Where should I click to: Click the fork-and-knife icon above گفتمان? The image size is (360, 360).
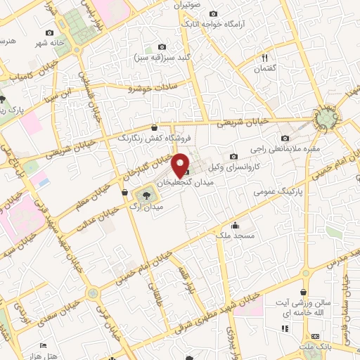pos(265,58)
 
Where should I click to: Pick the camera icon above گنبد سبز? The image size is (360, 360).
pos(162,46)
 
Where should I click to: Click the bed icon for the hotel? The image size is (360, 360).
pos(44,345)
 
